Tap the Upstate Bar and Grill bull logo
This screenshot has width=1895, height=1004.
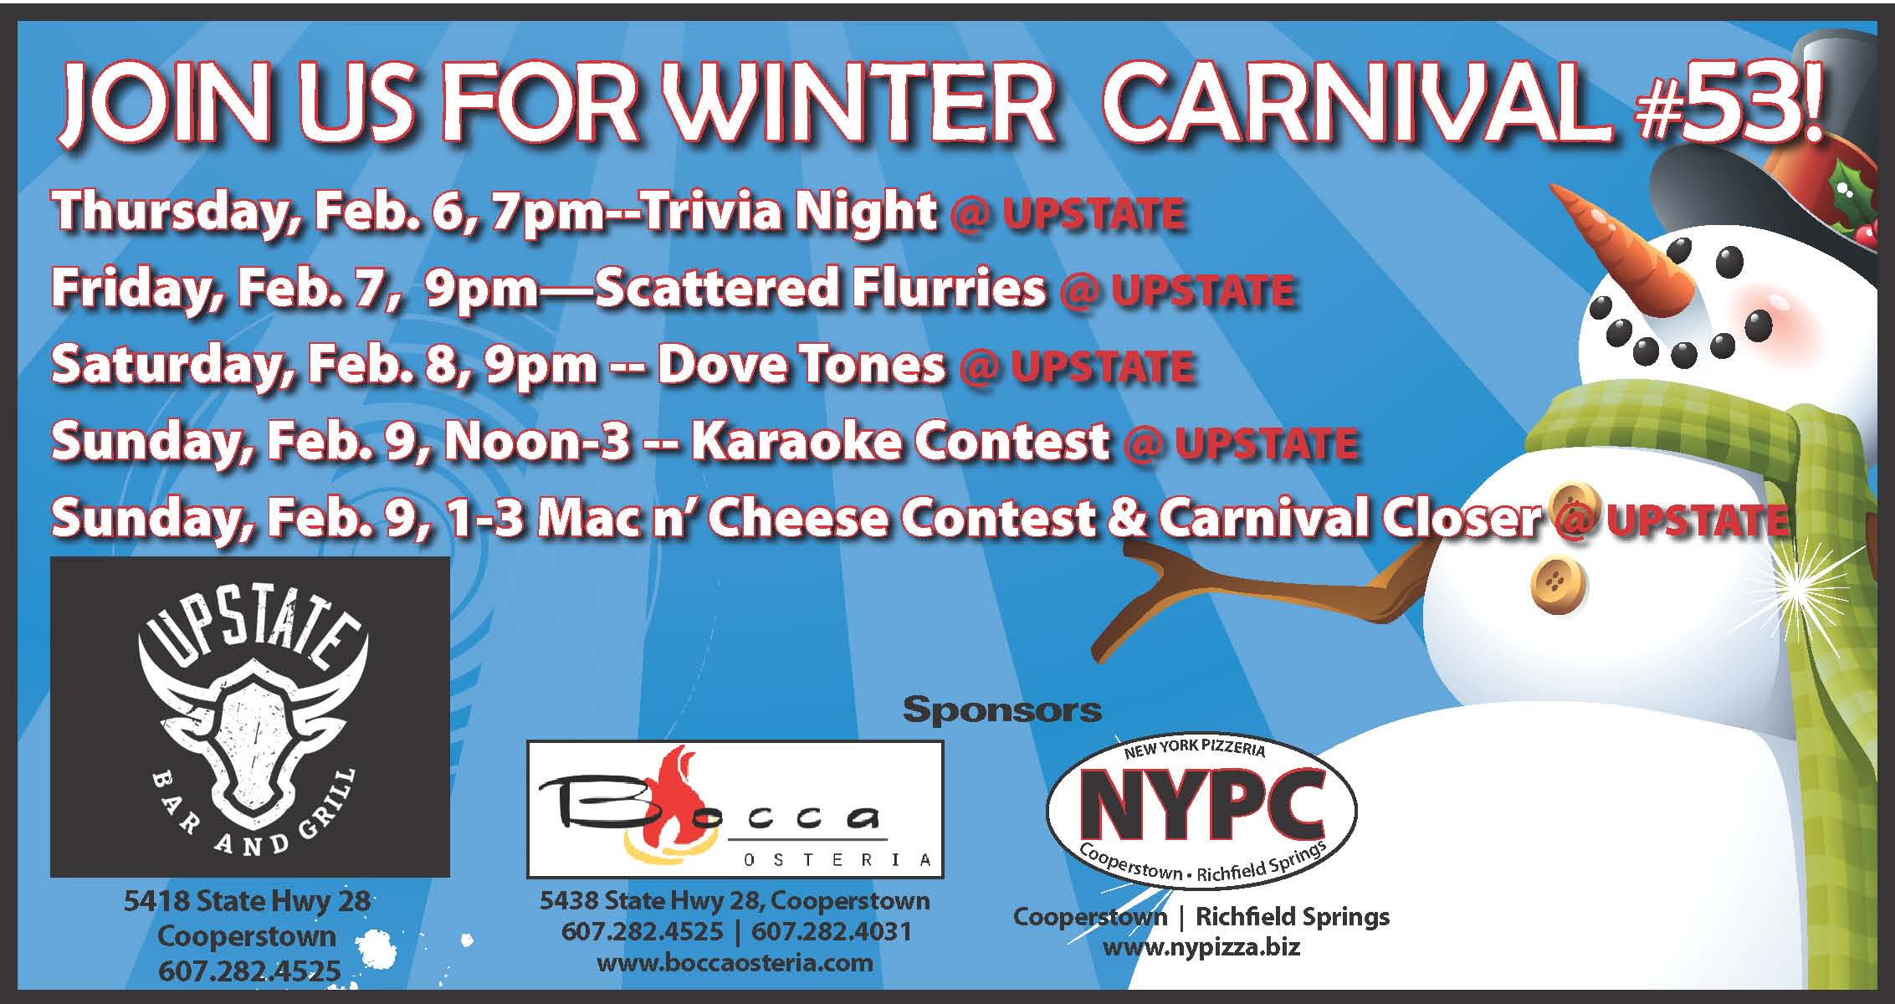tap(250, 717)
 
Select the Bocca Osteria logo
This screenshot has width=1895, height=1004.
tap(735, 809)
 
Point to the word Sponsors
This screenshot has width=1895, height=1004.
tap(1002, 710)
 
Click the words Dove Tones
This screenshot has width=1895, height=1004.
tap(802, 366)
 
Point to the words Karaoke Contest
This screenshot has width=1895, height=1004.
tap(899, 442)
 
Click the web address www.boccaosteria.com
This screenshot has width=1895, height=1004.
tap(735, 962)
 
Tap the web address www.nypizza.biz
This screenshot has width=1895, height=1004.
tap(1201, 947)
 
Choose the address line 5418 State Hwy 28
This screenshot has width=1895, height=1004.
tap(247, 901)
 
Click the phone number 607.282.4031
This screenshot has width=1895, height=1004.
tap(831, 931)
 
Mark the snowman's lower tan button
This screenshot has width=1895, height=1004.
tap(1558, 582)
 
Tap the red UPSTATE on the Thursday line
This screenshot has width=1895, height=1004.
tap(1093, 214)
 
